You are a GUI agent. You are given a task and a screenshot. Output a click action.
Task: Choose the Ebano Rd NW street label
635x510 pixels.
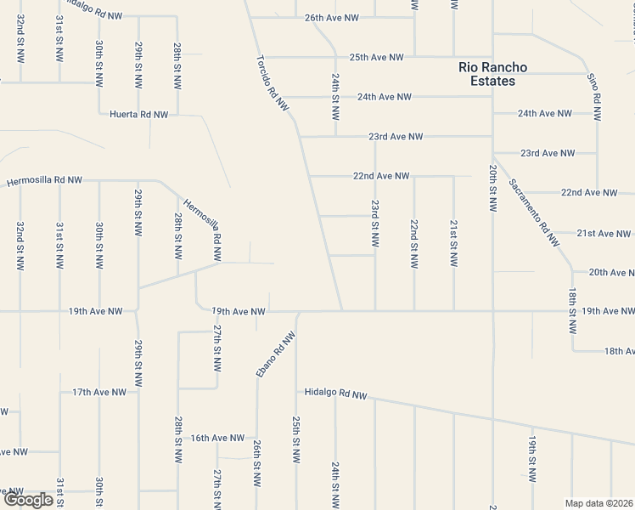pos(276,354)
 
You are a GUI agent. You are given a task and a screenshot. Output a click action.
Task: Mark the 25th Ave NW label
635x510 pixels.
pos(376,58)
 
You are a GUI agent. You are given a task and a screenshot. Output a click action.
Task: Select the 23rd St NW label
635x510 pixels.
pos(374,225)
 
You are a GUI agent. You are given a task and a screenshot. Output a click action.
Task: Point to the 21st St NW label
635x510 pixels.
pos(453,245)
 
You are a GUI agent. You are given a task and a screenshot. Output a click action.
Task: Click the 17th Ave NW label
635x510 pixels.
pos(99,392)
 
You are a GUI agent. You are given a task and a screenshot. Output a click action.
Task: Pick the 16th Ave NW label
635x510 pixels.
pos(217,438)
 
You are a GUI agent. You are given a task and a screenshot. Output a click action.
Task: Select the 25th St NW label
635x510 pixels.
pos(295,439)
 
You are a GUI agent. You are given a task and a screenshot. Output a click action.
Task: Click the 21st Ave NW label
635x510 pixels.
pos(604,233)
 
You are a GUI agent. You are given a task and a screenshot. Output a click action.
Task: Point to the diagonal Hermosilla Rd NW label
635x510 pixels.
pos(204,229)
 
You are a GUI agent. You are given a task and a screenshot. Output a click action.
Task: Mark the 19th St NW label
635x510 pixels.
pos(531,460)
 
